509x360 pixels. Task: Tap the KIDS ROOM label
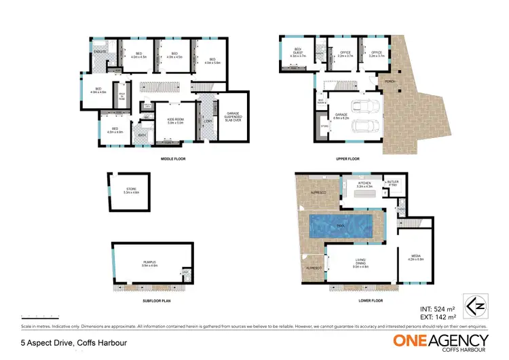tap(176, 121)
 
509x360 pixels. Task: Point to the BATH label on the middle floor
tap(143, 134)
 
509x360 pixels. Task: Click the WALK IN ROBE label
tap(123, 95)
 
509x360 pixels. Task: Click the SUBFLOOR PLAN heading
tap(155, 300)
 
